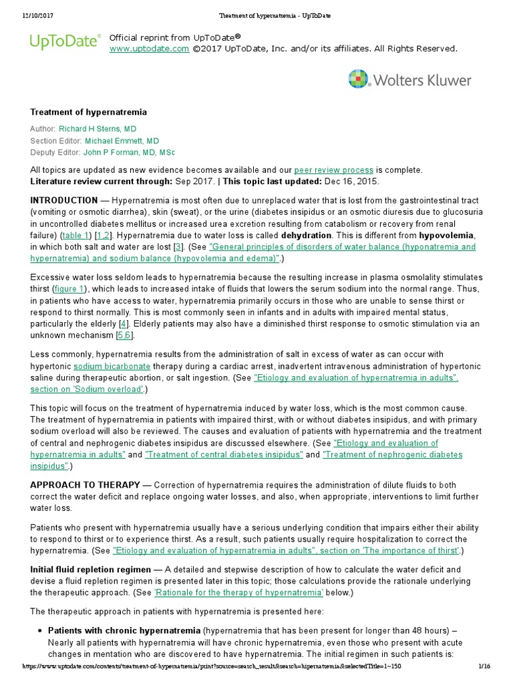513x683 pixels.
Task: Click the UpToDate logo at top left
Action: (65, 42)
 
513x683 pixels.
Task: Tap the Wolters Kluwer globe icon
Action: (358, 79)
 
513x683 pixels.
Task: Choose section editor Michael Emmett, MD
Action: (122, 141)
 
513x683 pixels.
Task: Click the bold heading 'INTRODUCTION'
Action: (64, 199)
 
